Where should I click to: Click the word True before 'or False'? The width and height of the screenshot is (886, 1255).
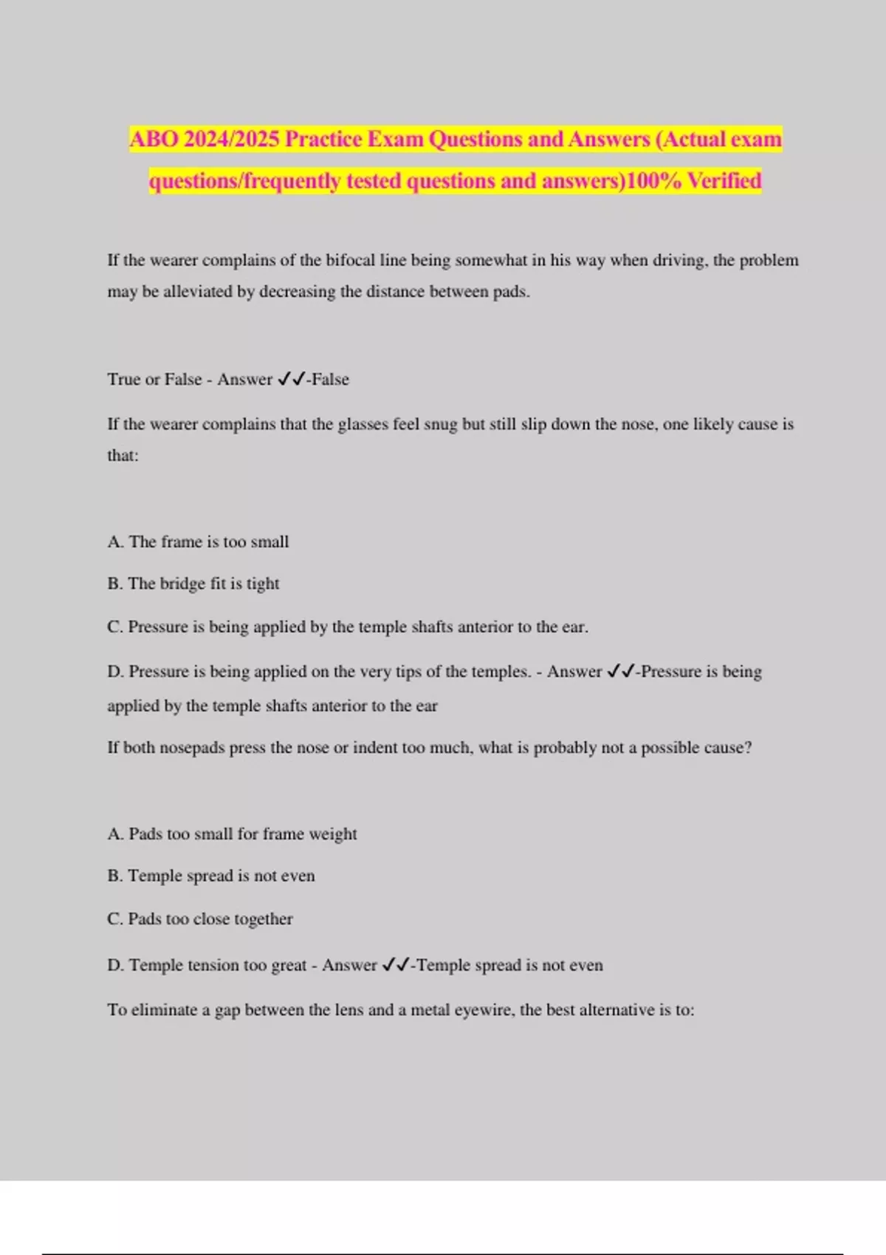coord(123,379)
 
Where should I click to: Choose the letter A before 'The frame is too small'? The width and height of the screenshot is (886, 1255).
coord(114,542)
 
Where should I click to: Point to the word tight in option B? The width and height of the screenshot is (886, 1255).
coord(263,584)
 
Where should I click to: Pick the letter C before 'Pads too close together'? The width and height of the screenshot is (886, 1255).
coord(114,919)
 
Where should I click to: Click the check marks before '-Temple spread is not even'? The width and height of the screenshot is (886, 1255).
coord(396,966)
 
